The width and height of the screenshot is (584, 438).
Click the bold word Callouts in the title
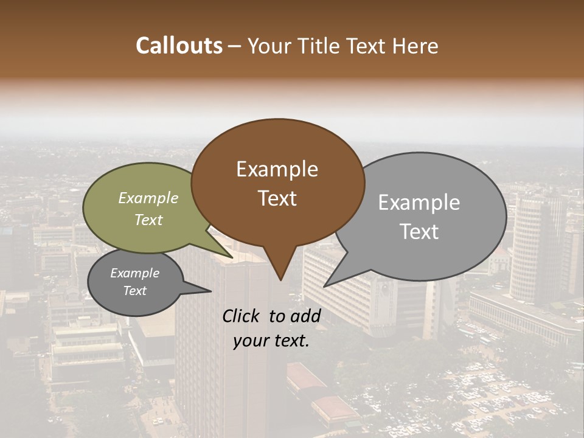click(179, 46)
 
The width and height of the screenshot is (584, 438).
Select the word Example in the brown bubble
click(277, 169)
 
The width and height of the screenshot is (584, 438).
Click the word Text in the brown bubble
click(277, 198)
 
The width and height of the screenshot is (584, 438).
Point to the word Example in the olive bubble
click(148, 198)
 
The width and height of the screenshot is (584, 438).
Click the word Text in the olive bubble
click(148, 220)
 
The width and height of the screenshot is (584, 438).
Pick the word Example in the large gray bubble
click(419, 203)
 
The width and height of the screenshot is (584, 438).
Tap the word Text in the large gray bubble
click(420, 232)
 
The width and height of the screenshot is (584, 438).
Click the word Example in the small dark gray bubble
click(135, 273)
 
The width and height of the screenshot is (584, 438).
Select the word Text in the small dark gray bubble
click(135, 291)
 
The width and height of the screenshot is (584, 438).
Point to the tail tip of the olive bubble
click(232, 257)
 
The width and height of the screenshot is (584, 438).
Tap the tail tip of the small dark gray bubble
click(210, 291)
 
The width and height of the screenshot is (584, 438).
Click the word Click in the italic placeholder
click(242, 316)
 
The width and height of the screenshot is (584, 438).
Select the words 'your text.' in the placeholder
click(271, 341)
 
